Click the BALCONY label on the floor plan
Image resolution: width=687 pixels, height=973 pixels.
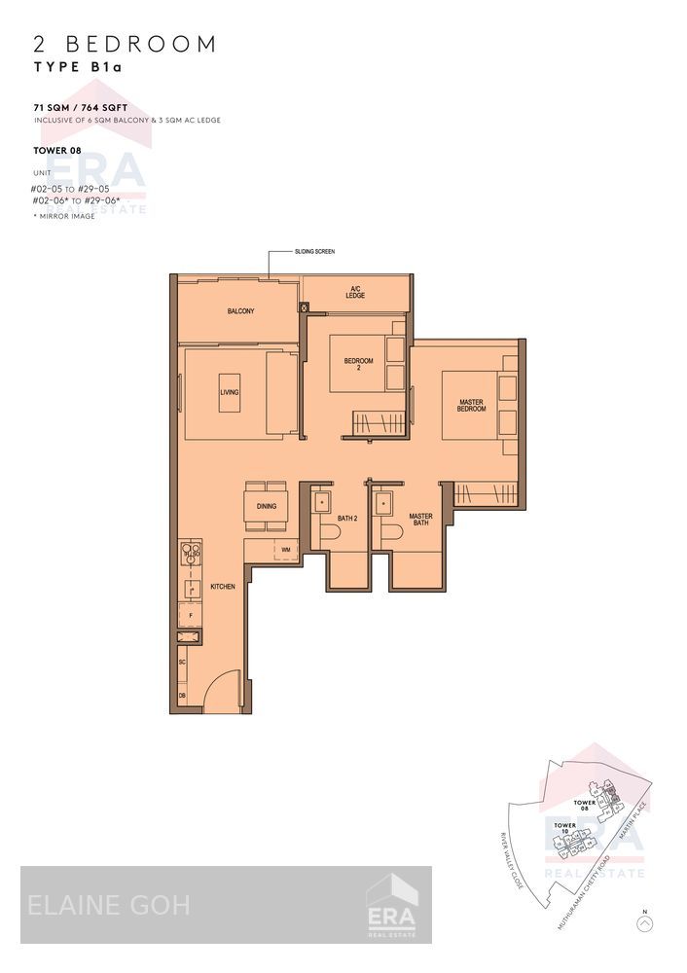(x=240, y=311)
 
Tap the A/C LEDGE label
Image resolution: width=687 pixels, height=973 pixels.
(x=355, y=291)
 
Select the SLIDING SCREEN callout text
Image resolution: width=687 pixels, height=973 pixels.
(x=314, y=251)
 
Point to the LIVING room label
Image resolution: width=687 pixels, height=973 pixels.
(x=230, y=392)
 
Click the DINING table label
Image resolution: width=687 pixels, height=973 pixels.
(x=266, y=506)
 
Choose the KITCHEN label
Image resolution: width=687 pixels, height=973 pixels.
(x=223, y=587)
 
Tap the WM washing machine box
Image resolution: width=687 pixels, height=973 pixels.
(x=285, y=550)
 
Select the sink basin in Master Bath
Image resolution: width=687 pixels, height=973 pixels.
(x=385, y=503)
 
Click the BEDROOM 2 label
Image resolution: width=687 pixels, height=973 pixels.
(x=358, y=365)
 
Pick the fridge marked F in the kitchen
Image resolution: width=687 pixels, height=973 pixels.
(x=191, y=616)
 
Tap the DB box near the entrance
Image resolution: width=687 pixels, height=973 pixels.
(x=183, y=696)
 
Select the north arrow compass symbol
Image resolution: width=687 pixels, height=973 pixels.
(x=644, y=922)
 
